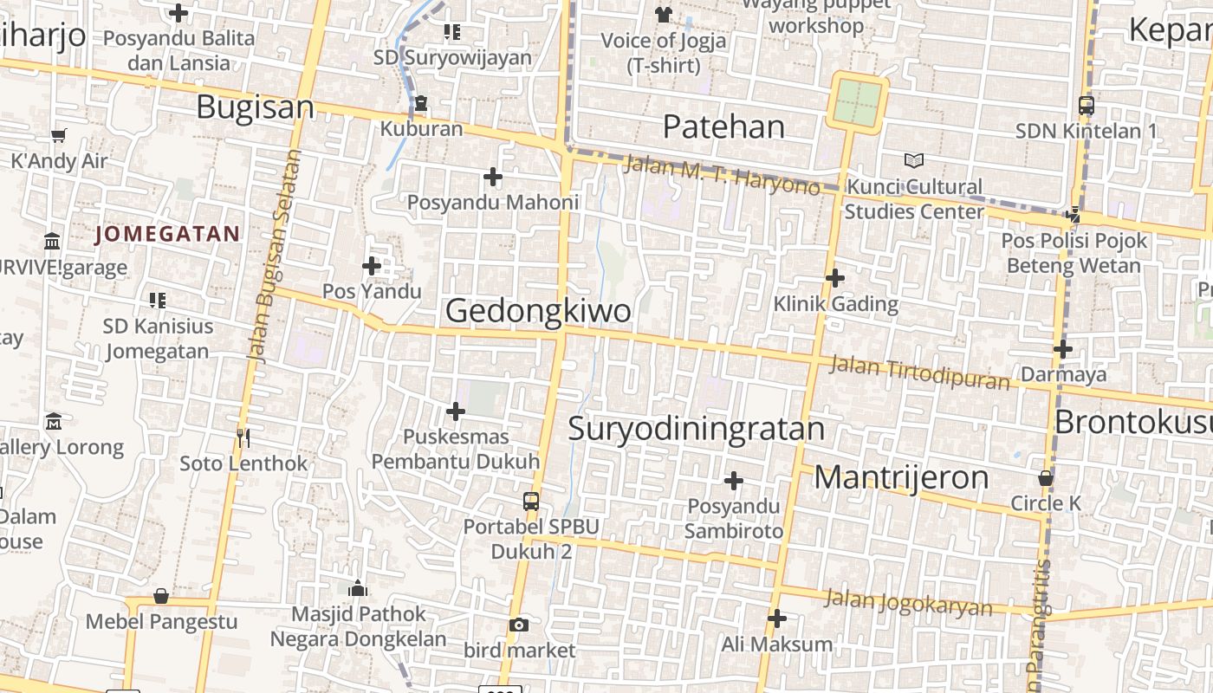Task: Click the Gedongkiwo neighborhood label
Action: click(537, 311)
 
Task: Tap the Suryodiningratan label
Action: click(697, 429)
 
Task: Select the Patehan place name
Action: click(723, 126)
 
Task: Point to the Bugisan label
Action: click(255, 107)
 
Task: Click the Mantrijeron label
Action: click(901, 477)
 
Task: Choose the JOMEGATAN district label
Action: click(167, 234)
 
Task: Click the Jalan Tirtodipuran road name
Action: click(919, 372)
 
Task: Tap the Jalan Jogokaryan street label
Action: click(908, 602)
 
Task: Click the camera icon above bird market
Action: click(518, 625)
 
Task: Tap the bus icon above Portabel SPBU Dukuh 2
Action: click(530, 502)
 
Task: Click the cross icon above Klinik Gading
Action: click(835, 278)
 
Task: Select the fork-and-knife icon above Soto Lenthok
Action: click(243, 438)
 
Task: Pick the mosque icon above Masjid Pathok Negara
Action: click(358, 590)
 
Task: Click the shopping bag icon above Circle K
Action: click(1046, 478)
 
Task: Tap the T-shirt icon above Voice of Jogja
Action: click(664, 14)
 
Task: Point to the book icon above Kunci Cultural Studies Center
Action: click(913, 160)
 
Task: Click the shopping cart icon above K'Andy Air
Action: click(59, 135)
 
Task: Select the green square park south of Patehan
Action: click(858, 103)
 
